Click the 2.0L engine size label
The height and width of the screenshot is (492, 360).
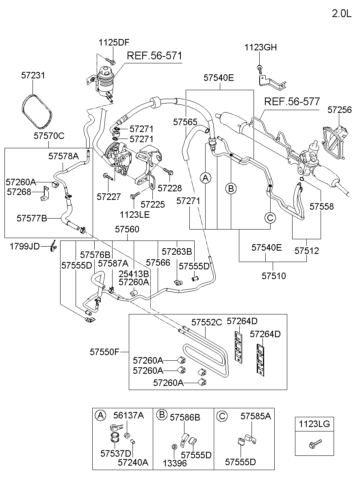pos(341,13)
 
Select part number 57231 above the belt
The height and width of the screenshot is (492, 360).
pos(33,76)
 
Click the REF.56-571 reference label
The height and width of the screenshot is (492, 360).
pos(154,56)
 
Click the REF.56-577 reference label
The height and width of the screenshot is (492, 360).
pos(292,101)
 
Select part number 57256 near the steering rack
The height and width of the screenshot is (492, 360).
pos(340,110)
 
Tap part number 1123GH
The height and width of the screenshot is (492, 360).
pos(260,48)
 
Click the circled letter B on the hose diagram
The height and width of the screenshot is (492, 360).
pos(231,189)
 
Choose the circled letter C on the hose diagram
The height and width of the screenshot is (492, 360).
pos(270,218)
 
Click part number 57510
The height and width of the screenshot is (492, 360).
pos(273,276)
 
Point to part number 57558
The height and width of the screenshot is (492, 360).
pos(321,206)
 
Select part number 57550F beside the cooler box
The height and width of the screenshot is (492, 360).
pos(104,352)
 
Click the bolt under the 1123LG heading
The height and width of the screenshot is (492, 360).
pos(315,442)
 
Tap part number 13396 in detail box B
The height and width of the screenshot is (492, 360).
pos(175,463)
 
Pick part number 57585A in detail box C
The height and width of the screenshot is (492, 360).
pos(256,416)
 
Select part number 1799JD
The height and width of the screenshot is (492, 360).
pos(25,246)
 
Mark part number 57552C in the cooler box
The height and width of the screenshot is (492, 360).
pos(207,322)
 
